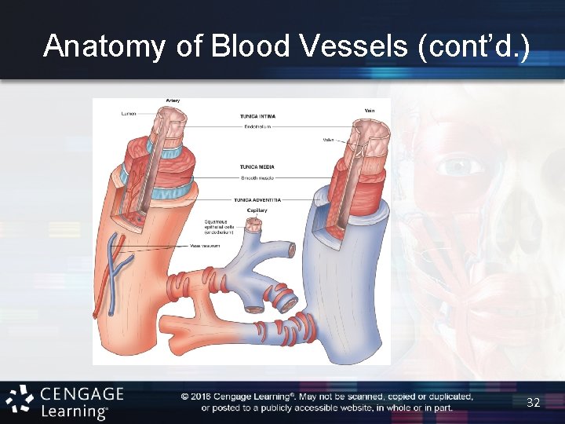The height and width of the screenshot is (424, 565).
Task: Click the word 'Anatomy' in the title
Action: (104, 46)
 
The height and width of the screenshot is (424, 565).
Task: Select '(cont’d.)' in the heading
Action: (475, 46)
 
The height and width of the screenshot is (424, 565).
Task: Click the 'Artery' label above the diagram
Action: (173, 101)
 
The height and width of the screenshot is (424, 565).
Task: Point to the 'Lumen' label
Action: (128, 114)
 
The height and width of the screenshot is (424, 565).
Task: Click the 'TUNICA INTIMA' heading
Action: (257, 116)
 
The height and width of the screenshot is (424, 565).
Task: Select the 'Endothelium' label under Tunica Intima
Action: (258, 126)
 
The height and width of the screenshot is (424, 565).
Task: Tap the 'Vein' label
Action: (370, 110)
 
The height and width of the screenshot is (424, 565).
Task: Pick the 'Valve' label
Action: (328, 140)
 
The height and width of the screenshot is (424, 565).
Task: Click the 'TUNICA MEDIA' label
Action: (257, 166)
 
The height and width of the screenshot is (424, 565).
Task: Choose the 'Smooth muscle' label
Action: (258, 177)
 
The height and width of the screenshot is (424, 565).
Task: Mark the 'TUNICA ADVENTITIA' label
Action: (257, 199)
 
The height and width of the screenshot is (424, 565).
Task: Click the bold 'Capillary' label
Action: (257, 210)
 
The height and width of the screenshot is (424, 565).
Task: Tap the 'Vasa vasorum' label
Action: (206, 246)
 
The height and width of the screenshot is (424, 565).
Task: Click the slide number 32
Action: (534, 402)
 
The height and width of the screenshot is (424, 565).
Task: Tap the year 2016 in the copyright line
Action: (203, 397)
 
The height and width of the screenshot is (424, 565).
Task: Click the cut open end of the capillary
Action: (254, 225)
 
